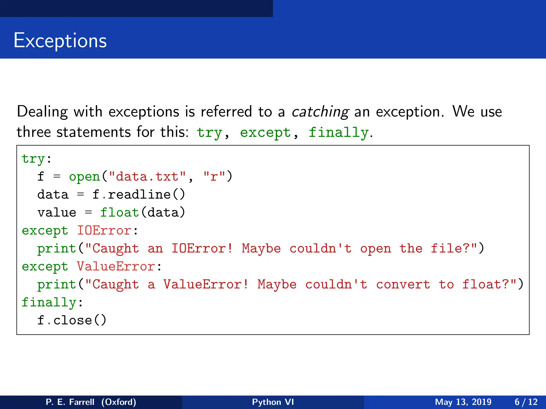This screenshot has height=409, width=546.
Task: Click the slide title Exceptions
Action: click(60, 40)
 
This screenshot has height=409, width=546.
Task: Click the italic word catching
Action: click(320, 112)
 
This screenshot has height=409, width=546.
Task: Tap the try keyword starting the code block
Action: click(33, 159)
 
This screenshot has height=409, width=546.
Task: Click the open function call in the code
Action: click(84, 177)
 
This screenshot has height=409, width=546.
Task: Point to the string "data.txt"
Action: click(147, 177)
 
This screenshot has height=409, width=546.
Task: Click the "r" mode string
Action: click(214, 177)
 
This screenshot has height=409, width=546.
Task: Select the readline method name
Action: click(139, 195)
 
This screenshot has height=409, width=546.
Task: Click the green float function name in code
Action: click(119, 212)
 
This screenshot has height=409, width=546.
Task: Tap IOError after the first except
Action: click(104, 231)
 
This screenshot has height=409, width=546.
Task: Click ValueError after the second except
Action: click(116, 267)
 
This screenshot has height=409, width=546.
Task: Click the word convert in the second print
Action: click(403, 284)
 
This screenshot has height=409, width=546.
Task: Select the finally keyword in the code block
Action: click(49, 302)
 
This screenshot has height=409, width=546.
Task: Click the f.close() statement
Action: click(72, 320)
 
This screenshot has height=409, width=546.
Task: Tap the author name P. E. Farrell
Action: click(70, 402)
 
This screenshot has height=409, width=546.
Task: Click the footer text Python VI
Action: click(273, 402)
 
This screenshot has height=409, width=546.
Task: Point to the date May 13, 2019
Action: click(463, 402)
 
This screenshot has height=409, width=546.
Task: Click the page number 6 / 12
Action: click(526, 402)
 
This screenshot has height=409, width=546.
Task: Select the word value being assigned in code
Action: click(57, 212)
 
